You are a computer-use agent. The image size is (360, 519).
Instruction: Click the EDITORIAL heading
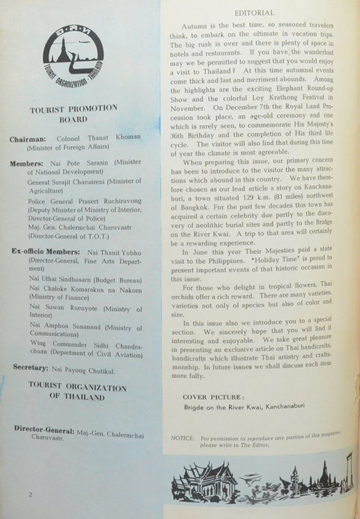[x=254, y=12]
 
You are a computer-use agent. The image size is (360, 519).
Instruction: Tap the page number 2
[x=30, y=494]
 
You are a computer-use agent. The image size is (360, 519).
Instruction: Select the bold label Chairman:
[x=30, y=139]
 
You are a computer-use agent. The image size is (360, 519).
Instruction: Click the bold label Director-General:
[x=44, y=430]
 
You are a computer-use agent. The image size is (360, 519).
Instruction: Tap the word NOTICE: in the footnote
[x=183, y=438]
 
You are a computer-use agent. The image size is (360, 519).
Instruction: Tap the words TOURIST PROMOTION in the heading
[x=73, y=109]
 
